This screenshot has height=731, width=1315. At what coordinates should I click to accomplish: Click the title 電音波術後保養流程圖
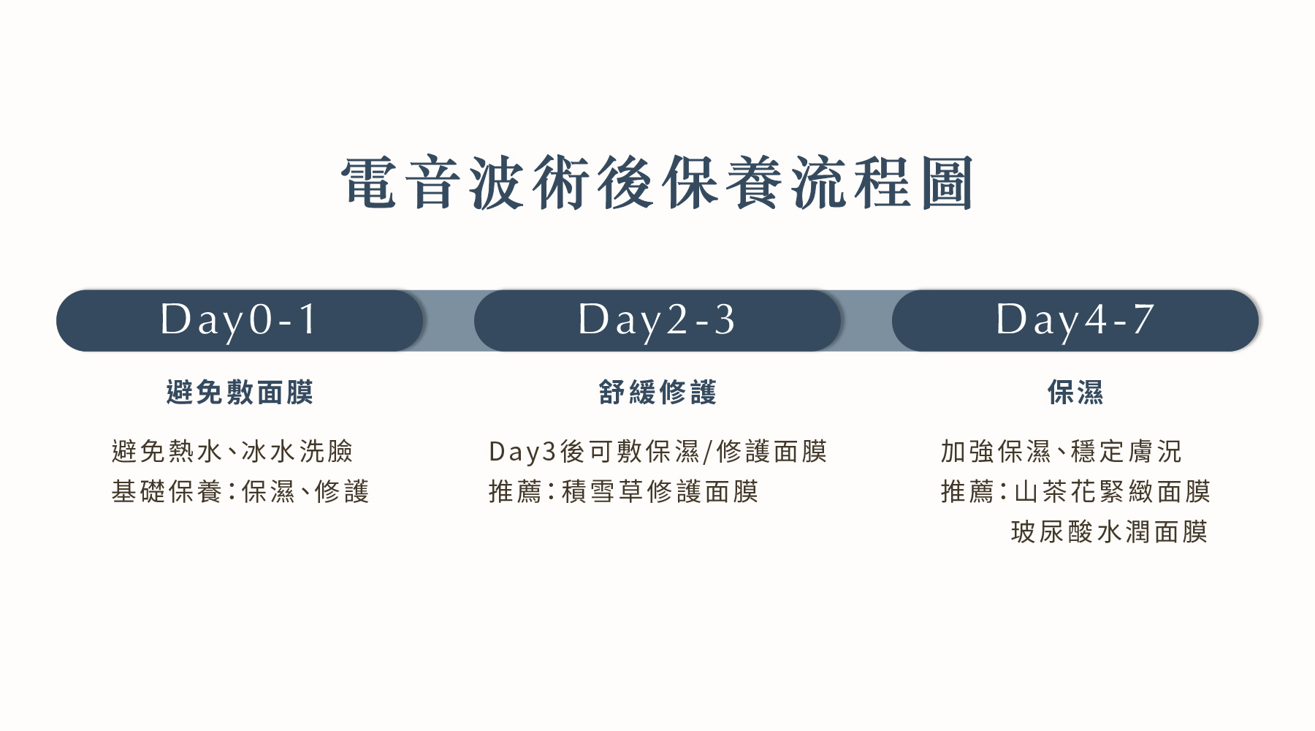(x=657, y=183)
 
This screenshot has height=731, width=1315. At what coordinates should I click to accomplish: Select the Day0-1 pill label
(x=240, y=320)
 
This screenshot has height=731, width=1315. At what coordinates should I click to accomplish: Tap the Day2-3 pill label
(x=657, y=320)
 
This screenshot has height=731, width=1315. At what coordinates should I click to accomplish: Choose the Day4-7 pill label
(x=1075, y=320)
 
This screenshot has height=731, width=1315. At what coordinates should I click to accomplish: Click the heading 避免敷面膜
(x=240, y=393)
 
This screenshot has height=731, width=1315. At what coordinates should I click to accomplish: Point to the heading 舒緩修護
(x=657, y=393)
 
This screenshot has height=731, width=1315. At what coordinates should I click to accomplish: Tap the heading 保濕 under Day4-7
(x=1075, y=393)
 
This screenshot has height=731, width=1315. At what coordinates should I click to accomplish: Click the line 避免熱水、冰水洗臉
(x=232, y=451)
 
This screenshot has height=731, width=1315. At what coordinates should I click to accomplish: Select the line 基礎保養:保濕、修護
(x=240, y=491)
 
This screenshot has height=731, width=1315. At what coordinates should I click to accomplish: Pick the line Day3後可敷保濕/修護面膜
(x=657, y=451)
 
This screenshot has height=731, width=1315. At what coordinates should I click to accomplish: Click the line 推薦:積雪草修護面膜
(x=623, y=491)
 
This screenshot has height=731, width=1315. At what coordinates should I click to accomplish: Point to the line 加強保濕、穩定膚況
(x=1061, y=451)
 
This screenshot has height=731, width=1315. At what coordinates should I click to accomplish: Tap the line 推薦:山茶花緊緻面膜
(x=1075, y=491)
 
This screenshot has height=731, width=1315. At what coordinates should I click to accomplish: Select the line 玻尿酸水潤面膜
(x=1109, y=531)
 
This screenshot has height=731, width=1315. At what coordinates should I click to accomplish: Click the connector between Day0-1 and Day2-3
(x=449, y=320)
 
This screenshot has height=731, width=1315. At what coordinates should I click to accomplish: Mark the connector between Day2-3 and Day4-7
(x=866, y=320)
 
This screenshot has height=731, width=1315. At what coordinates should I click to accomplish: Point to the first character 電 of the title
(x=368, y=183)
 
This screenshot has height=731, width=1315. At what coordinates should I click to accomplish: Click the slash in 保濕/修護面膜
(x=707, y=452)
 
